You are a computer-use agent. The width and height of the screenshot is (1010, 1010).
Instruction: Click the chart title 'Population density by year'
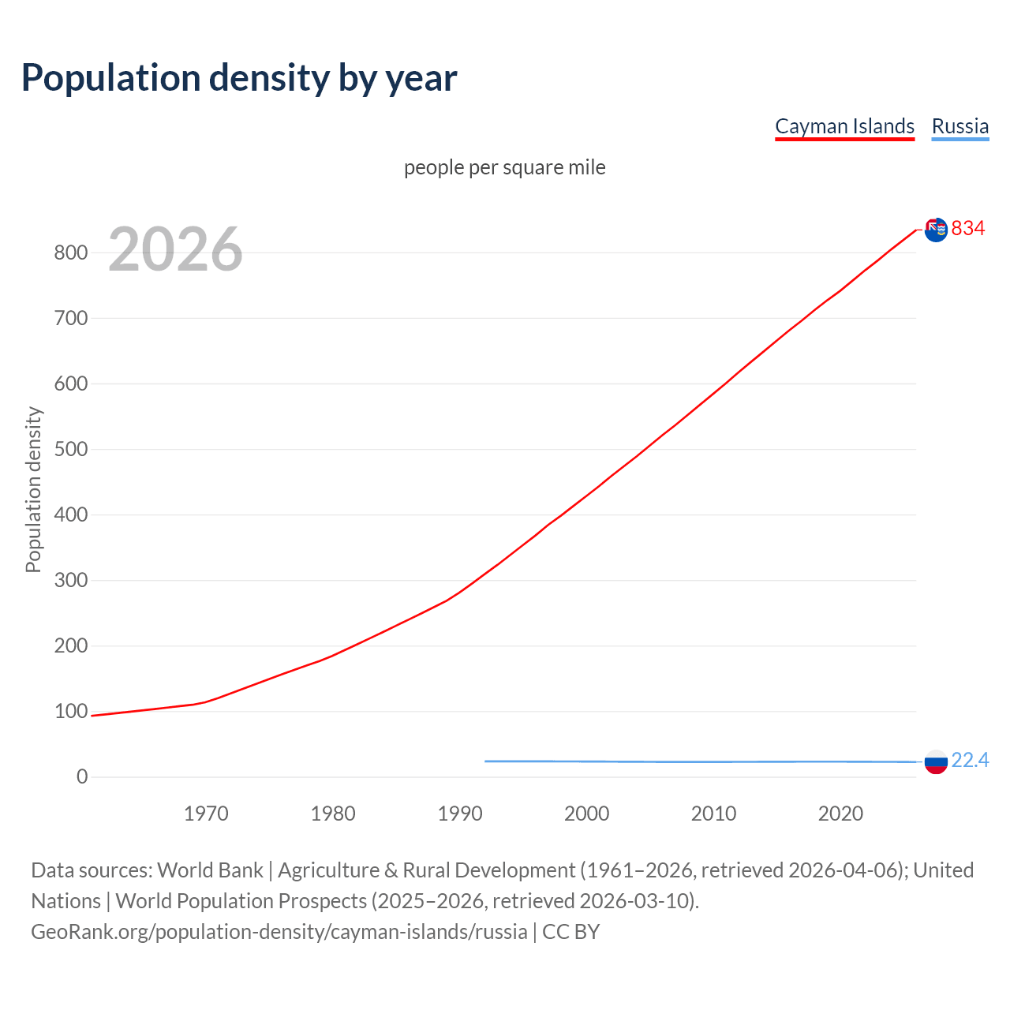[x=239, y=78]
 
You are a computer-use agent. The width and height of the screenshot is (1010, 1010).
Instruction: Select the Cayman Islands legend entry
[x=844, y=126]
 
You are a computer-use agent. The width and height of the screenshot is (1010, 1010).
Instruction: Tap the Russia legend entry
[x=959, y=126]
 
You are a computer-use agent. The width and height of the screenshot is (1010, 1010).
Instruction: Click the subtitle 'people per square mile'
[x=505, y=168]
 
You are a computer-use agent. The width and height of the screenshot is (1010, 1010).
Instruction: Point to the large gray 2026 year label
[x=175, y=249]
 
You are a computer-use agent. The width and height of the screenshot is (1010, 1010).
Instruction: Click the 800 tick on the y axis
[x=70, y=253]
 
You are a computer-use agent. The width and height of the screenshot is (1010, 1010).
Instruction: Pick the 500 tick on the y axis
[x=70, y=450]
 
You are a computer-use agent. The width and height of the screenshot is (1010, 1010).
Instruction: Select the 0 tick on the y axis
[x=82, y=777]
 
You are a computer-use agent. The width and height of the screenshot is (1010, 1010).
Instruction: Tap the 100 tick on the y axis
[x=70, y=712]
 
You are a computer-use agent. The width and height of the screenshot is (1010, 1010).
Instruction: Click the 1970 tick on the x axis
[x=206, y=814]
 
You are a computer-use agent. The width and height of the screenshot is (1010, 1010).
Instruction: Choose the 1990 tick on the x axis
[x=460, y=814]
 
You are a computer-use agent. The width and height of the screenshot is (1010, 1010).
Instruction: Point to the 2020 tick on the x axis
[x=840, y=814]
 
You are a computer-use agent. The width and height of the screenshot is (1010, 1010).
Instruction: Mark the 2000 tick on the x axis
[x=586, y=814]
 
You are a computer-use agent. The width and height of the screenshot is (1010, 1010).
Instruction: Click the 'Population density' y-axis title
[x=33, y=489]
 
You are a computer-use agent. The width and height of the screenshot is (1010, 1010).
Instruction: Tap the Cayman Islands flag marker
[x=936, y=230]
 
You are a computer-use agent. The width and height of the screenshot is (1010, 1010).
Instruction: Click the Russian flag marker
[x=936, y=762]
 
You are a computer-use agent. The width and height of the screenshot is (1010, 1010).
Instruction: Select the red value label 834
[x=968, y=229]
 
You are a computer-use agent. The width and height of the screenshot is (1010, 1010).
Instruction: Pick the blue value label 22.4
[x=970, y=761]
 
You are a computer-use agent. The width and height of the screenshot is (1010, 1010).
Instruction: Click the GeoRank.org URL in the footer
[x=279, y=932]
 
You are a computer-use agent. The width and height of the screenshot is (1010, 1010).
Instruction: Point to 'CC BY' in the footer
[x=570, y=932]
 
